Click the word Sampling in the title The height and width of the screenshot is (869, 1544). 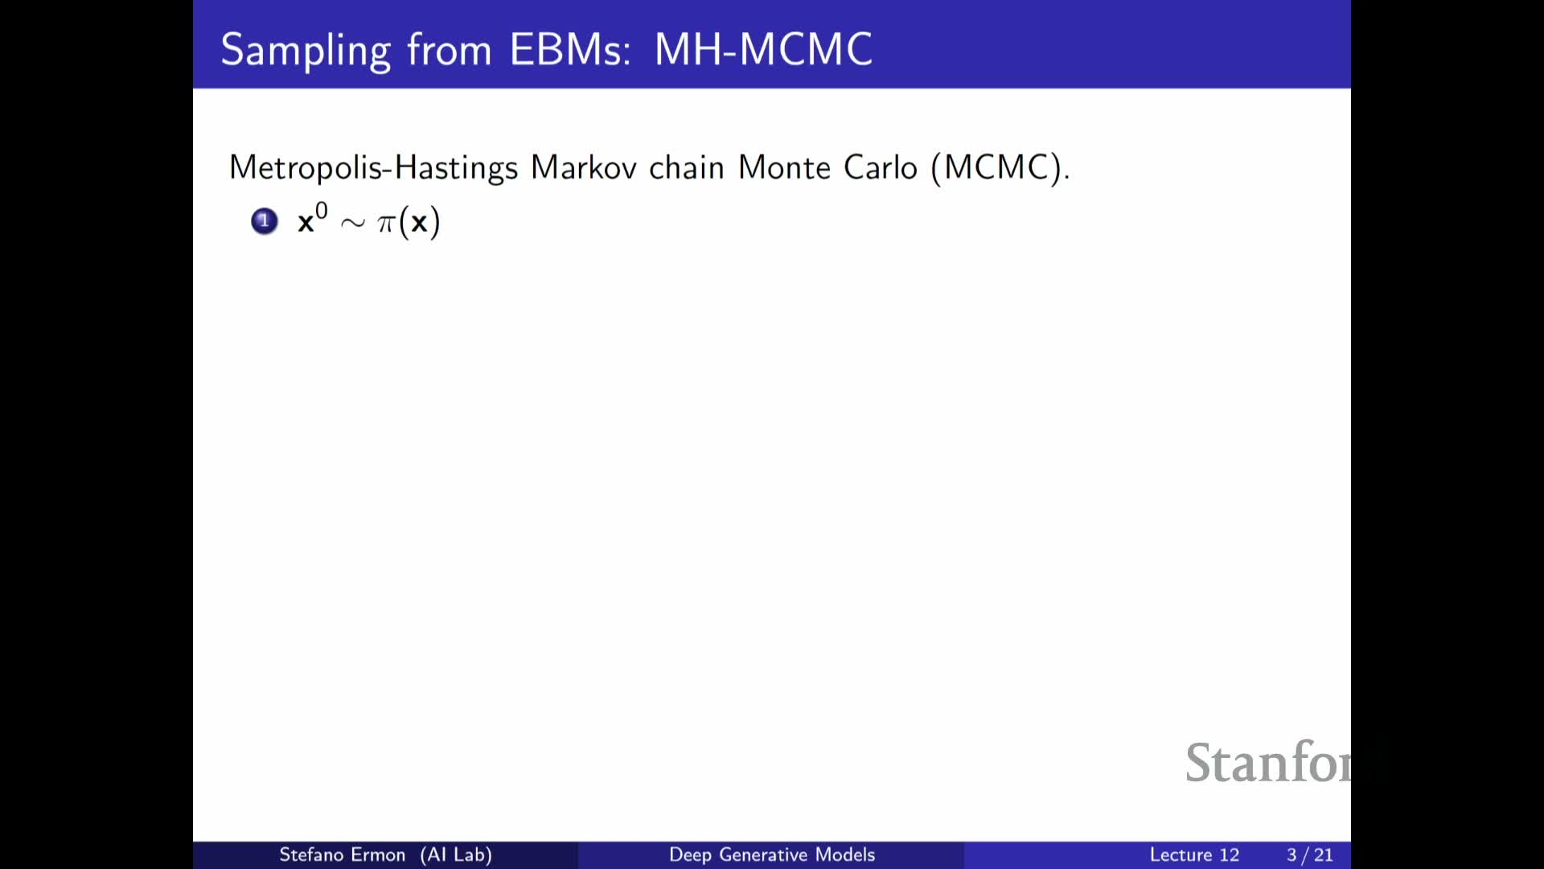306,51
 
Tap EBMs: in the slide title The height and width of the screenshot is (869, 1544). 570,49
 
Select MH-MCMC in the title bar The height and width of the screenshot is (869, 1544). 763,49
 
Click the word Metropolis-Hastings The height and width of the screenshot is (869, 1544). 374,167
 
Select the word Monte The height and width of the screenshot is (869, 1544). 784,167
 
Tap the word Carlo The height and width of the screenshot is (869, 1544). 881,167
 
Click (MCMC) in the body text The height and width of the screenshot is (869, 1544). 996,167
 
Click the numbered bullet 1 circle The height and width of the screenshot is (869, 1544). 265,221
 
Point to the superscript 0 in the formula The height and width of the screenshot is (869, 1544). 321,211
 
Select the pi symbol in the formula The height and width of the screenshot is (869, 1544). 386,223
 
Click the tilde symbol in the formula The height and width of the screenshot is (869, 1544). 352,223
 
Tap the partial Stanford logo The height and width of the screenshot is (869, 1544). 1268,762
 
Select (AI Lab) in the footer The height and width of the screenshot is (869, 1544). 456,855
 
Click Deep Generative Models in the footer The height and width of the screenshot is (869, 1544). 772,855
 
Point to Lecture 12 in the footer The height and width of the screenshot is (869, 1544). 1194,855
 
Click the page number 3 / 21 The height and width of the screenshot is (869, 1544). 1310,855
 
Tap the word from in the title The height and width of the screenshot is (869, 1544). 449,49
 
